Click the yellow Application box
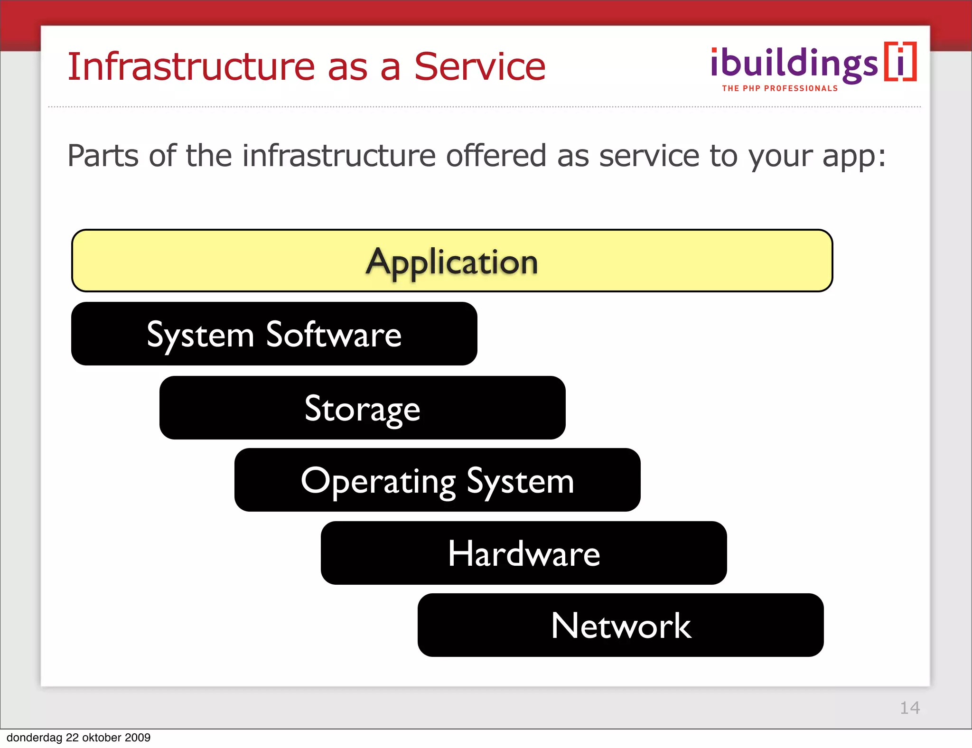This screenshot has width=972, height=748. (x=452, y=261)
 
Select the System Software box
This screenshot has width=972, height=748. (x=274, y=334)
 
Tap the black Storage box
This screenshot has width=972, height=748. (x=362, y=408)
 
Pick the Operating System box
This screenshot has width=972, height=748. (x=437, y=480)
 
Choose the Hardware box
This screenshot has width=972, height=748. (x=523, y=553)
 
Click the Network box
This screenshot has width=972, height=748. (x=620, y=625)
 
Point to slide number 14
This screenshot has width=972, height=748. (x=909, y=708)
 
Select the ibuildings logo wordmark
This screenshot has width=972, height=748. (x=794, y=64)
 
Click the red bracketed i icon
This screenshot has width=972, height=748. (x=900, y=62)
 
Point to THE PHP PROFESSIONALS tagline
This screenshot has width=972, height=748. (x=780, y=88)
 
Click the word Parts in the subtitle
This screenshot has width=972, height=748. (x=103, y=156)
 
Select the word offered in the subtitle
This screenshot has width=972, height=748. (x=496, y=156)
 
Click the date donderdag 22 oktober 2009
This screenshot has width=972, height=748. (x=78, y=738)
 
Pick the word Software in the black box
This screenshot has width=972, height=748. (x=334, y=334)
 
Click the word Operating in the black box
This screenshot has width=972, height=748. (x=378, y=481)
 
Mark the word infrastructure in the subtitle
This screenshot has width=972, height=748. (x=339, y=156)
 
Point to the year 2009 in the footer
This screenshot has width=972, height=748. (x=138, y=738)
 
